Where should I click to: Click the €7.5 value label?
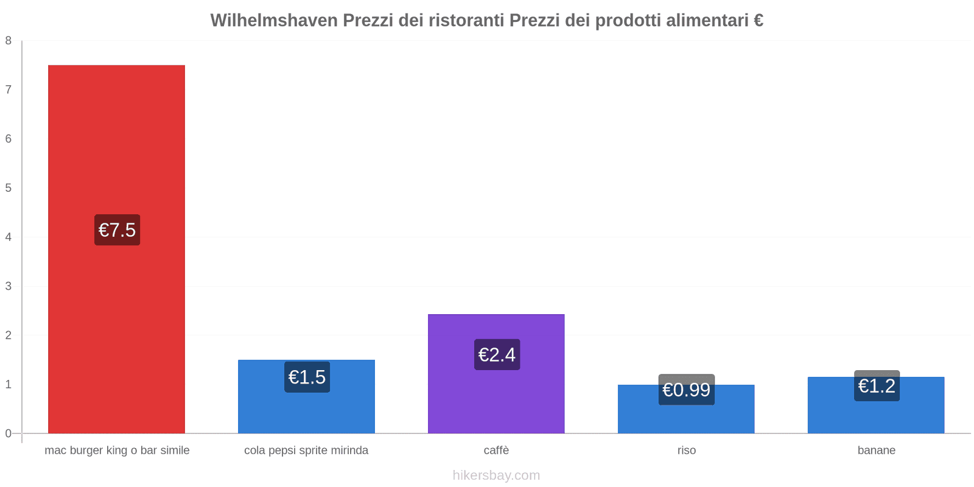(x=117, y=230)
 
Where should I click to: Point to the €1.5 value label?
(x=307, y=377)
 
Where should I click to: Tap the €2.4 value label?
(x=497, y=354)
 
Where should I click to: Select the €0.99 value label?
(x=686, y=390)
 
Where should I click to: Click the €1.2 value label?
(x=877, y=386)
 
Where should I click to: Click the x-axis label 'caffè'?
(x=496, y=450)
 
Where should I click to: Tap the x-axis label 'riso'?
(x=686, y=450)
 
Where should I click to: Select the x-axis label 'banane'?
(x=876, y=450)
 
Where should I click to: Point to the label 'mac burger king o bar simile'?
(x=117, y=450)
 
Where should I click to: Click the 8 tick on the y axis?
(x=9, y=41)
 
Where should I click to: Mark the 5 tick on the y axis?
(x=9, y=188)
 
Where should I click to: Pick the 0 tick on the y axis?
(x=9, y=433)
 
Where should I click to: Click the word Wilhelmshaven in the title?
(x=273, y=21)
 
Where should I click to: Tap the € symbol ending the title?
(x=759, y=21)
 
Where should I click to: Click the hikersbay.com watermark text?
(x=496, y=475)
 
